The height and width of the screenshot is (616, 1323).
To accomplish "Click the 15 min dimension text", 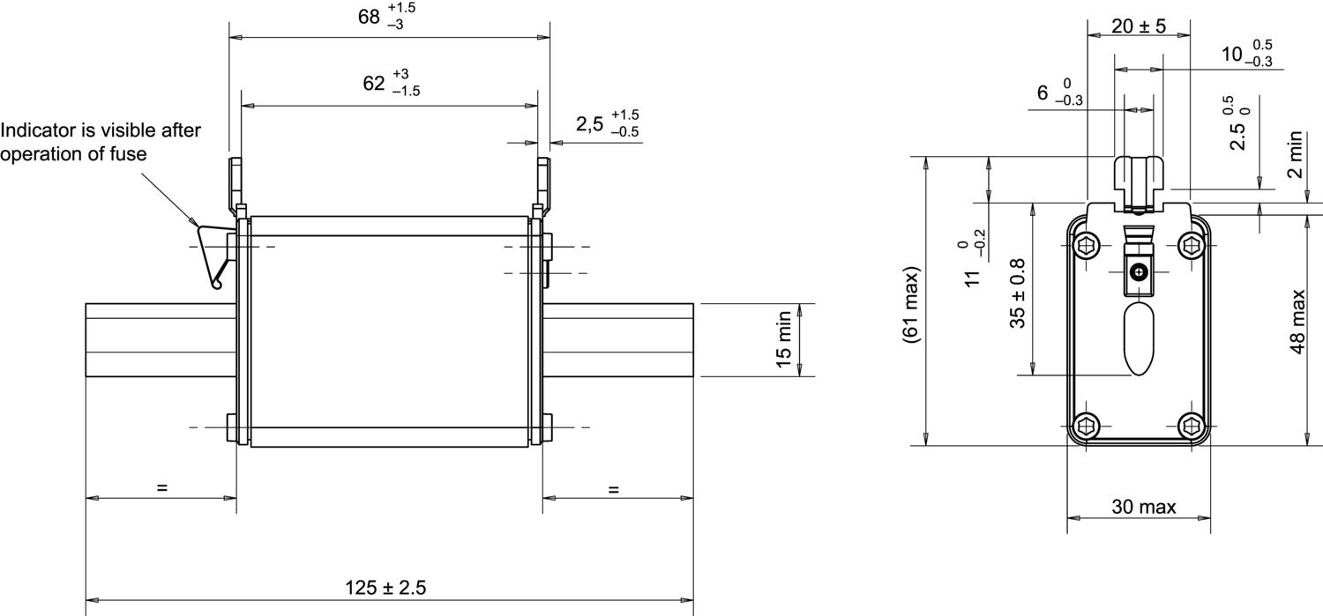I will (x=784, y=340).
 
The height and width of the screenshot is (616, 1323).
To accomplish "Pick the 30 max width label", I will (x=1143, y=507).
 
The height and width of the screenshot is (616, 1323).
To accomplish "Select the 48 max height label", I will (x=1297, y=322).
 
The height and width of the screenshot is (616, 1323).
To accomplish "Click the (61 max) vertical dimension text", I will (x=912, y=305).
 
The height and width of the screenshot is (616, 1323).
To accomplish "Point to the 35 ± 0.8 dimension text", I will (x=1018, y=293).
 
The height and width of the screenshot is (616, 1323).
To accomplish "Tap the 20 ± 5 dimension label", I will (x=1138, y=26).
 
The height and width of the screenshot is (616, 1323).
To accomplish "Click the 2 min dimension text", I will (x=1294, y=154).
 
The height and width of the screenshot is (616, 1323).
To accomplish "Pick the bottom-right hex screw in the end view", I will (x=1192, y=426).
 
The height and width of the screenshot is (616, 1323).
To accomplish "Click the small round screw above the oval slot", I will (x=1140, y=272).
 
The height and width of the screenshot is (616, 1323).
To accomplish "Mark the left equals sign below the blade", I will (x=161, y=487).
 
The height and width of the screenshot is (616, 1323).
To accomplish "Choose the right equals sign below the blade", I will (x=614, y=489).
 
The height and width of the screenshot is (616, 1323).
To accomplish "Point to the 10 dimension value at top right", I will (x=1231, y=55).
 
